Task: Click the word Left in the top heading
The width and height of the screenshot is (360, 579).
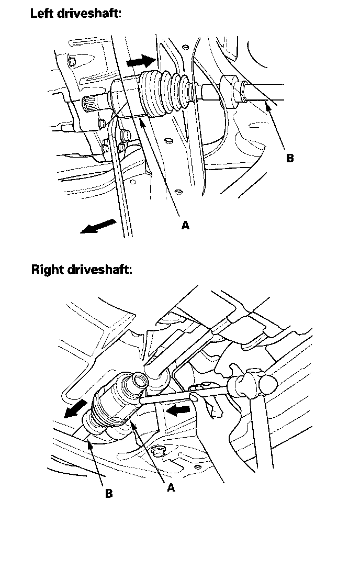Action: coord(43,14)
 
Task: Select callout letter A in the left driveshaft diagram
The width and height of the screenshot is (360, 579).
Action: coord(185,226)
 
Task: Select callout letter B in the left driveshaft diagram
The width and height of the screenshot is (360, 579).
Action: coord(290,158)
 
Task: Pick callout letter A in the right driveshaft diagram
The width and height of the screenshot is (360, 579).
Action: coord(171,487)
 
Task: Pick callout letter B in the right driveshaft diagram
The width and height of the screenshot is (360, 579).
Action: coord(109,494)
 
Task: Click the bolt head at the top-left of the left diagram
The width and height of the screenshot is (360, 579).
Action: coord(72,62)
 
